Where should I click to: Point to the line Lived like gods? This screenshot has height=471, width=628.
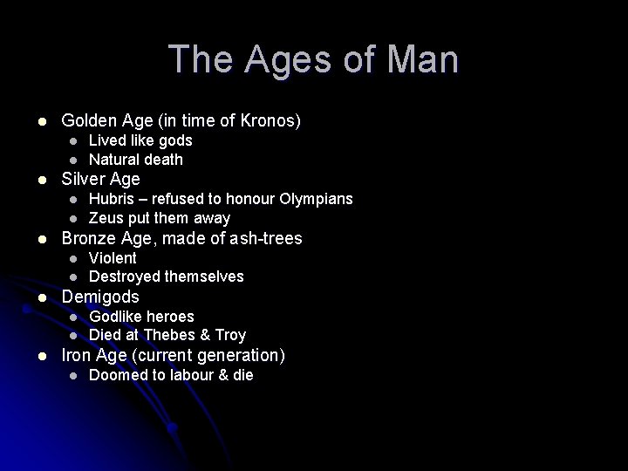coord(140,140)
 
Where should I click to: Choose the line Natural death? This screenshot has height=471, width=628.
coord(135,160)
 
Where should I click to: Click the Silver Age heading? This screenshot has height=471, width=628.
coord(100,179)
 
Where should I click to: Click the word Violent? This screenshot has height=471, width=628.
coord(113,258)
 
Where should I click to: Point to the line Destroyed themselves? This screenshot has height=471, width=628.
coord(166,276)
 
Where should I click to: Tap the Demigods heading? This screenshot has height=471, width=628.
coord(100,297)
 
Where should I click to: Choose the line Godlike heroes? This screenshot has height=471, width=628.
coord(141,316)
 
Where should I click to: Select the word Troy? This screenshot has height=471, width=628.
coord(231,335)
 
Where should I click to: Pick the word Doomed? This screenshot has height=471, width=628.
coord(116,375)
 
